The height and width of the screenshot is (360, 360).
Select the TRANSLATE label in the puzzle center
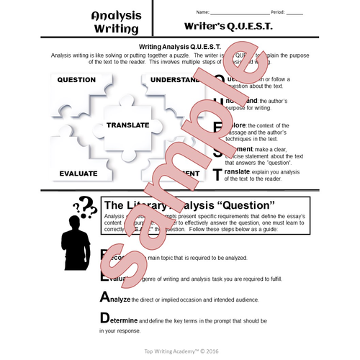pyautogui.click(x=127, y=125)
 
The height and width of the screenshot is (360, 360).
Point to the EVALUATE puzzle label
pyautogui.click(x=79, y=174)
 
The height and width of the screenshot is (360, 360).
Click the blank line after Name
pyautogui.click(x=241, y=13)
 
